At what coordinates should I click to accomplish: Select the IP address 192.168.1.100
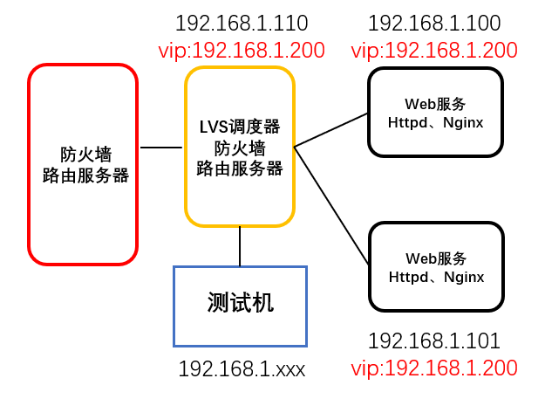(434, 24)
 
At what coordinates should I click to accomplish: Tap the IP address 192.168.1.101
(434, 341)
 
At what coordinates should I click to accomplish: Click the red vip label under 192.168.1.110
(242, 50)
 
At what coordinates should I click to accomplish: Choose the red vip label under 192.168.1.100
(434, 50)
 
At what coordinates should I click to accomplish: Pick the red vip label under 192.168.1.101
(434, 368)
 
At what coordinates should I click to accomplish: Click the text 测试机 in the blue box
(241, 303)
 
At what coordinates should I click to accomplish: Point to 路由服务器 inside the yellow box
(240, 169)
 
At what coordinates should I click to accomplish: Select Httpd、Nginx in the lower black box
(436, 277)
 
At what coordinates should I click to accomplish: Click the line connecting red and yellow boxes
(161, 148)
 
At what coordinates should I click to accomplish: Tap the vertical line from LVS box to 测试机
(240, 246)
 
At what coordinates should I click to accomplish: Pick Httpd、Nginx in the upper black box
(436, 123)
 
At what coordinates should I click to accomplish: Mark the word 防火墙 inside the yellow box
(240, 148)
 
